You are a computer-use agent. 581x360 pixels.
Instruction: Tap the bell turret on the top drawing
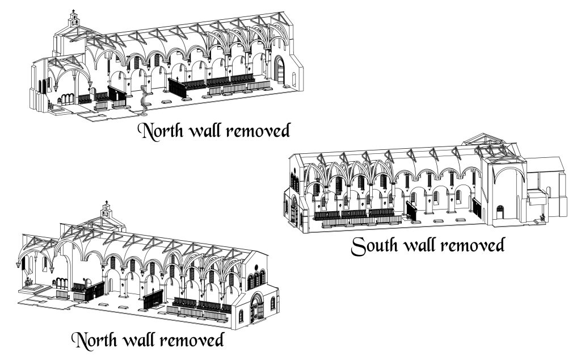pyautogui.click(x=73, y=19)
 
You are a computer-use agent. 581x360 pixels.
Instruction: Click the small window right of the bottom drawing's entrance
pyautogui.click(x=272, y=303)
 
